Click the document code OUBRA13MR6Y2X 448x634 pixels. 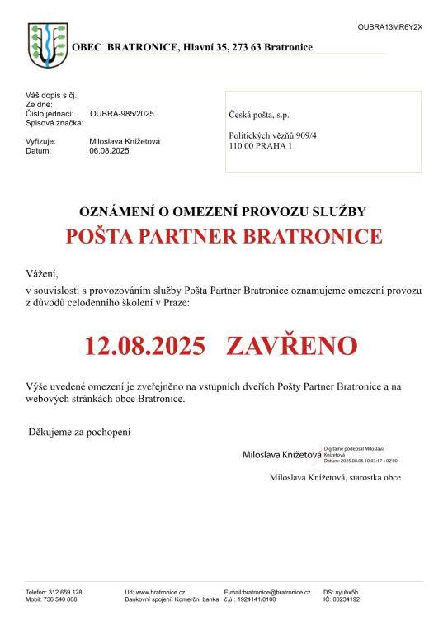coord(389,27)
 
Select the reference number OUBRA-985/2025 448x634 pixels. coord(122,114)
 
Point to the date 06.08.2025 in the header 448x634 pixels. coord(110,151)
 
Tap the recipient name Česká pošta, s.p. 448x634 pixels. coord(259,115)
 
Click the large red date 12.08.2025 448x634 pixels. coord(144,345)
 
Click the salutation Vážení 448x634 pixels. coord(42,273)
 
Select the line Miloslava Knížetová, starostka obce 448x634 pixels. coord(335,477)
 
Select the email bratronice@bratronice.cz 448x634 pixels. coord(276,593)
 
